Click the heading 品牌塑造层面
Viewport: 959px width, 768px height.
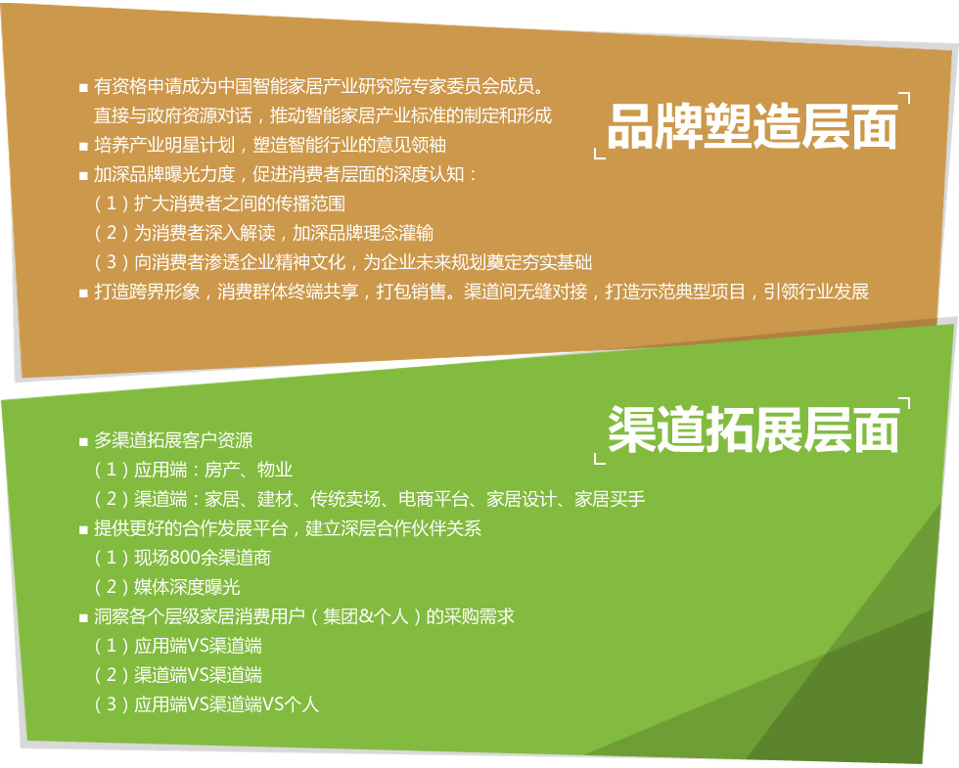click(753, 126)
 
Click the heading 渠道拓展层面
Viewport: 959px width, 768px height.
click(753, 429)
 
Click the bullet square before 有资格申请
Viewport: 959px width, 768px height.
click(84, 88)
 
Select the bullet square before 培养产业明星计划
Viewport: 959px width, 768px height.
click(84, 147)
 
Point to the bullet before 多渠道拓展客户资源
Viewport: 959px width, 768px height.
click(84, 442)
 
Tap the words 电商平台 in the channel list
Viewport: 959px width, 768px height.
click(433, 499)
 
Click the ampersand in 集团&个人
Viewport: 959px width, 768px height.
click(366, 616)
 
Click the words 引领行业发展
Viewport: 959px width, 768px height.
click(816, 292)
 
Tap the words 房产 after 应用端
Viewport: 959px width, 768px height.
click(222, 470)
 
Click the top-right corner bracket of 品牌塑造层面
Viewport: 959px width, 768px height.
click(906, 96)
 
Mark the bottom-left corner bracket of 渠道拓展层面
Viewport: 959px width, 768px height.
click(598, 459)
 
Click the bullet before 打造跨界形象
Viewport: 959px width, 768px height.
click(84, 294)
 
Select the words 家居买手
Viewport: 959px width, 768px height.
click(609, 499)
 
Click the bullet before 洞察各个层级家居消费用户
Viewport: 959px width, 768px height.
click(84, 618)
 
